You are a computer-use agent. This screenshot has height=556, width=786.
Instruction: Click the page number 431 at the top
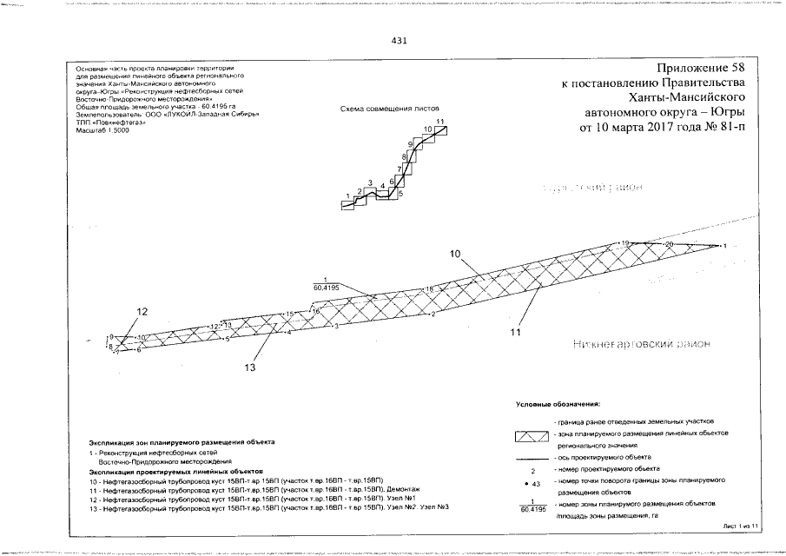[x=400, y=41]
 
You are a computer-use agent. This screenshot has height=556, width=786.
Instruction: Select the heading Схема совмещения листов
[x=385, y=109]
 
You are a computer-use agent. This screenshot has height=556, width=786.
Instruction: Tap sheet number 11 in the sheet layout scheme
[x=441, y=121]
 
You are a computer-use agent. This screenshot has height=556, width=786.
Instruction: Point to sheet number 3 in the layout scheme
[x=370, y=182]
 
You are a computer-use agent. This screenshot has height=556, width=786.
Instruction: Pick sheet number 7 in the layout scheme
[x=399, y=169]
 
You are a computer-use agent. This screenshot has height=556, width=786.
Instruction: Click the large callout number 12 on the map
[x=142, y=311]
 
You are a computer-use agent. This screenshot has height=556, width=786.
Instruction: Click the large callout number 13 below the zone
[x=250, y=367]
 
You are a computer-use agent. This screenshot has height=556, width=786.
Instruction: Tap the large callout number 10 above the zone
[x=456, y=254]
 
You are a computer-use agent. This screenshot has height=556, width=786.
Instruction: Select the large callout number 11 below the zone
[x=515, y=331]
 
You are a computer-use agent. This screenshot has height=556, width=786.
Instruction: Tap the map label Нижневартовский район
[x=642, y=345]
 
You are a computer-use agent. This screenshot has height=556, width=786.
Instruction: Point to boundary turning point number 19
[x=624, y=242]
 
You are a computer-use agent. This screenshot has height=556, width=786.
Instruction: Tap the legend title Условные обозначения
[x=558, y=406]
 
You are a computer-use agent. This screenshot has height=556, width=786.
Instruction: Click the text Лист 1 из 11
[x=741, y=526]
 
